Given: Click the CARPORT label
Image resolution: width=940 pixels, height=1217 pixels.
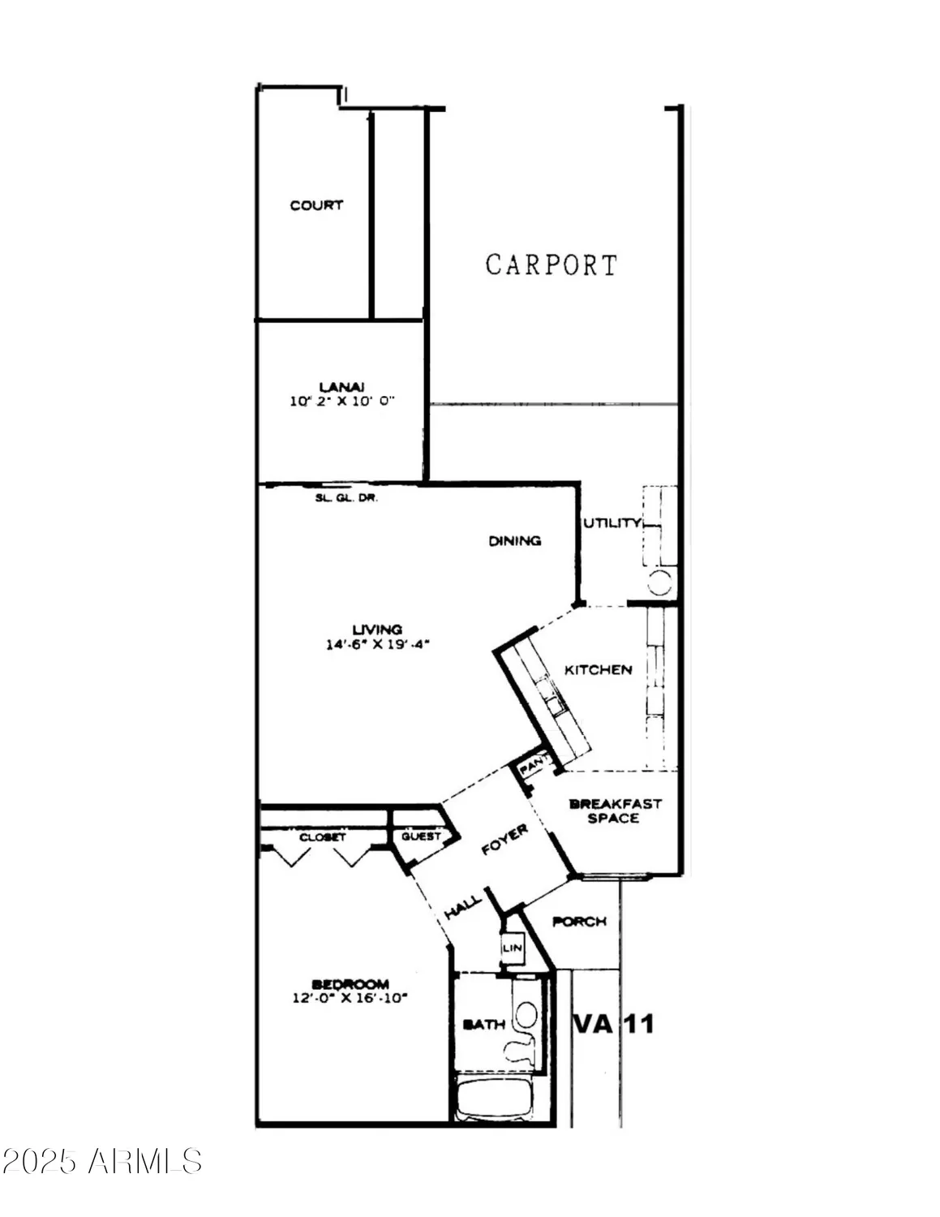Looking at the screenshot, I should click(552, 265).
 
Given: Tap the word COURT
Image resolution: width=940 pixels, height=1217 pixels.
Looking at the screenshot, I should click(316, 205).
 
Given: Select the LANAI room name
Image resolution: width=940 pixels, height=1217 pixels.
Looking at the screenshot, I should click(341, 386).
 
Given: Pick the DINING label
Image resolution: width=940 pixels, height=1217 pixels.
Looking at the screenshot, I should click(515, 540).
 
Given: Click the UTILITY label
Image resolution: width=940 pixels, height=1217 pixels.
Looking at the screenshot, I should click(612, 523).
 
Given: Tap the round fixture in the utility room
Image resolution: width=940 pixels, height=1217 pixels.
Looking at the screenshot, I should click(661, 582).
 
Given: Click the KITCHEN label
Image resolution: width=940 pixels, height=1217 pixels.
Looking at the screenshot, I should click(598, 669).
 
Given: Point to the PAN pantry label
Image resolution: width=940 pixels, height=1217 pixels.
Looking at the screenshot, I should click(532, 765).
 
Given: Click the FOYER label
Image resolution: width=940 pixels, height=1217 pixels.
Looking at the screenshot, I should click(504, 840).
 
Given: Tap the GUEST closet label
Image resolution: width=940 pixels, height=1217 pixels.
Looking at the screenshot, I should click(421, 836).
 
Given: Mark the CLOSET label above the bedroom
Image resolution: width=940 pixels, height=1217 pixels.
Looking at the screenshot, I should click(323, 836).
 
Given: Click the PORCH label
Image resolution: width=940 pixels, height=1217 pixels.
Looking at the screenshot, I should click(579, 922).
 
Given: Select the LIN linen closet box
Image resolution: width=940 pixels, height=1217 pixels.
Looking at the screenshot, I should click(513, 947).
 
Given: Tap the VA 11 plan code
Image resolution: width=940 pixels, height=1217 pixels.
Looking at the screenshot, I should click(613, 1023).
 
